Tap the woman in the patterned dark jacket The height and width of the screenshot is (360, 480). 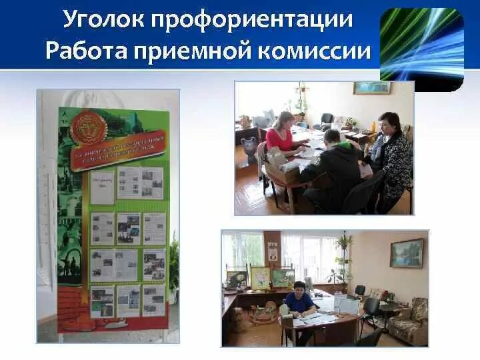point(390,160)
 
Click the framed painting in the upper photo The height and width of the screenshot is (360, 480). point(372,88)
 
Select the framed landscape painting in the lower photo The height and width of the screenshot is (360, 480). point(407,253)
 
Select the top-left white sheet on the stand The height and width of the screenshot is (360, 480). point(102,187)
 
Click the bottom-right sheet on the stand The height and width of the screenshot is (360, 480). point(153,300)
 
